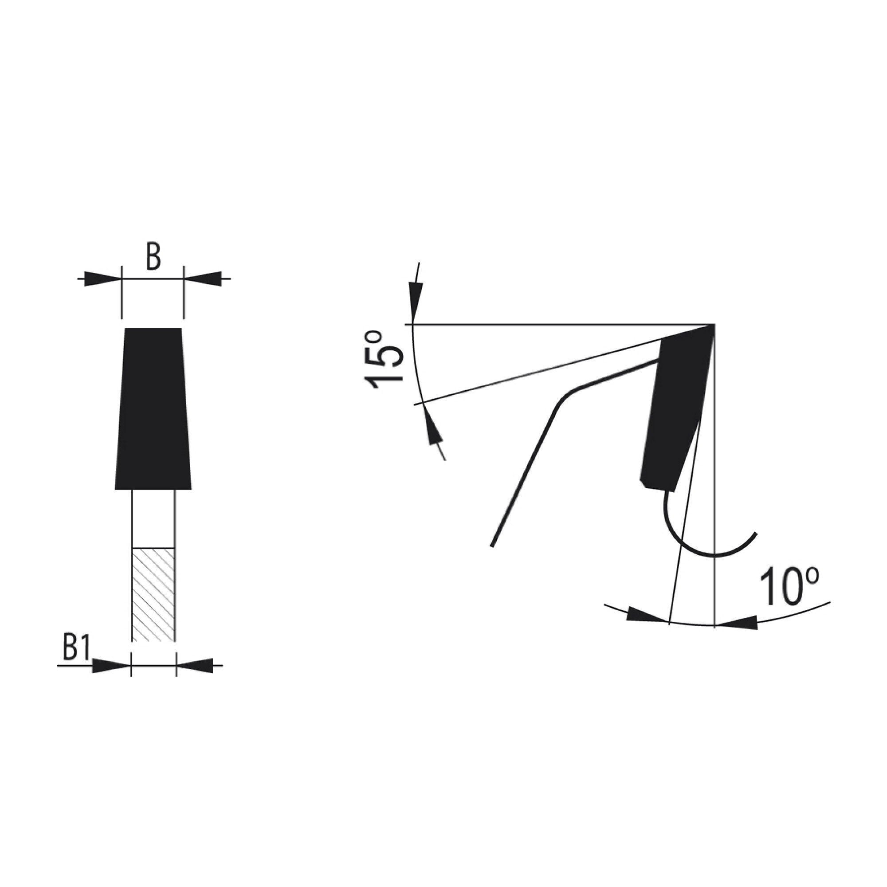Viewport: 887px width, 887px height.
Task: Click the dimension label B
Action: (x=153, y=258)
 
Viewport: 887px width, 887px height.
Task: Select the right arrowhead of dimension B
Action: (x=203, y=278)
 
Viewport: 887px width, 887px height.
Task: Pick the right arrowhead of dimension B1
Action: (x=195, y=666)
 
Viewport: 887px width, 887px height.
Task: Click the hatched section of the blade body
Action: (x=153, y=594)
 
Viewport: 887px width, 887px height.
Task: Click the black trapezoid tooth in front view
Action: (x=153, y=409)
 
